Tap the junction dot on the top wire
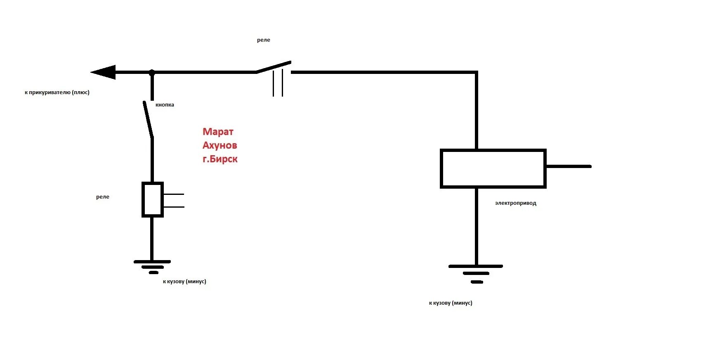click(x=152, y=73)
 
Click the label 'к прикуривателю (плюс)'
click(x=57, y=92)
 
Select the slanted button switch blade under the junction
click(x=148, y=119)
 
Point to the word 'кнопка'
click(x=165, y=105)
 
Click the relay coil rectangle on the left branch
click(x=152, y=199)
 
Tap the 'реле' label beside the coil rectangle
click(x=103, y=197)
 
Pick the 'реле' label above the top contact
click(x=263, y=40)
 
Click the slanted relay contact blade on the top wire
click(x=274, y=67)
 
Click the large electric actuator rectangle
click(x=493, y=168)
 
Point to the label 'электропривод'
click(x=515, y=203)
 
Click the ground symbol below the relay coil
click(x=152, y=267)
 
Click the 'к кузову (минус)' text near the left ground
click(x=184, y=282)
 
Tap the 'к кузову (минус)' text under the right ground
click(x=451, y=303)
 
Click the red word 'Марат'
click(x=218, y=132)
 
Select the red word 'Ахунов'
click(x=219, y=145)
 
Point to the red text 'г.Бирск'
click(x=220, y=159)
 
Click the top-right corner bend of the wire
click(x=476, y=73)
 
